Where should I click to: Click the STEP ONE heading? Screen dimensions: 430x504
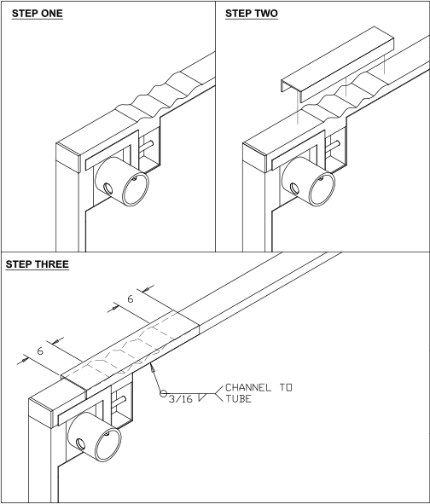[x=38, y=14]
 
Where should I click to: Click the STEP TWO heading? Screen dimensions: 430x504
[x=252, y=14]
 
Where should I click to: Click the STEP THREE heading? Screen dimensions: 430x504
[x=38, y=264]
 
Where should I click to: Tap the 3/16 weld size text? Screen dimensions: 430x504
[x=180, y=399]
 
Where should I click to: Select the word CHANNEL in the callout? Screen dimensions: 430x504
[x=248, y=387]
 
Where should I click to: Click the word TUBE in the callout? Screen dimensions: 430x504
[x=238, y=399]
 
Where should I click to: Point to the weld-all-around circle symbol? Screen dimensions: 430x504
[x=163, y=393]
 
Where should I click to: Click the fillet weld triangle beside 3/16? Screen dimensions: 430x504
[x=202, y=397]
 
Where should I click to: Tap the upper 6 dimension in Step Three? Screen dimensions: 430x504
[x=130, y=299]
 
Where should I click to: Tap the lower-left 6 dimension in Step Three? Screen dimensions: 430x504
[x=40, y=351]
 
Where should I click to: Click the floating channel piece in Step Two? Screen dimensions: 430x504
[x=338, y=64]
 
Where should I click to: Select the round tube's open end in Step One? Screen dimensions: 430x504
[x=136, y=189]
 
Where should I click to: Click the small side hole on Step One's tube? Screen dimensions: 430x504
[x=107, y=188]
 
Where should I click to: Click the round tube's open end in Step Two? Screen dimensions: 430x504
[x=322, y=189]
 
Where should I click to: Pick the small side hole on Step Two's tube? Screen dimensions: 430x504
[x=294, y=188]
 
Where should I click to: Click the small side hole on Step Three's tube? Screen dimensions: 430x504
[x=80, y=444]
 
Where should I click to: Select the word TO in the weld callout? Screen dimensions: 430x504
[x=286, y=387]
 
